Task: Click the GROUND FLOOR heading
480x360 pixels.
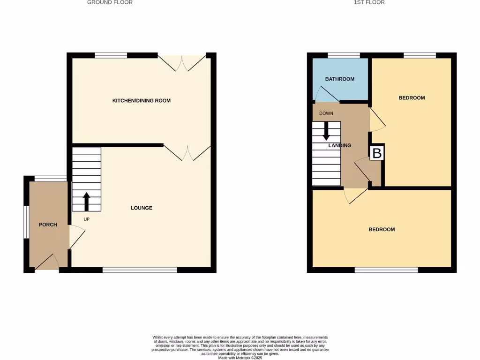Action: point(110,2)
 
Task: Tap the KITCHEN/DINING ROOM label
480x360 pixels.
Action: point(141,100)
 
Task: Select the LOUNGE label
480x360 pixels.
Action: point(141,208)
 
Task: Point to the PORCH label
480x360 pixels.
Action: point(48,225)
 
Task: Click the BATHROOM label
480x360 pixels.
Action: point(340,79)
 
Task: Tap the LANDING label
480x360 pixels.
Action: point(340,145)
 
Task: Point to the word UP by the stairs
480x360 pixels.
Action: point(86,219)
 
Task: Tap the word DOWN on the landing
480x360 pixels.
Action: point(326,113)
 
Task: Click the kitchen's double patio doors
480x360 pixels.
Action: point(182,63)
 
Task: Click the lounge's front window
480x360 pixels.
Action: point(140,270)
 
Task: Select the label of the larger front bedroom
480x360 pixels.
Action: point(382,229)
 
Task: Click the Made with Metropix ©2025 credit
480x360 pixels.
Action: point(240,357)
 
